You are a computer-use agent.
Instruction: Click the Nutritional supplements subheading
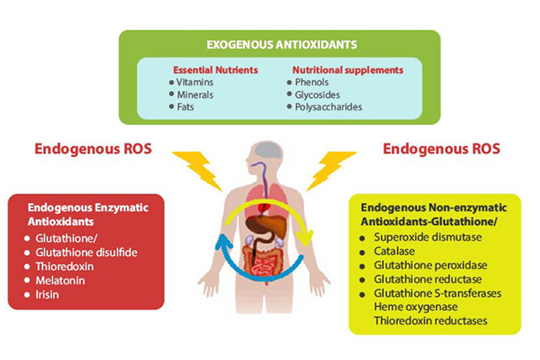coord(347,70)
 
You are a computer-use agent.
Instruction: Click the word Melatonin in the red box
coord(57,280)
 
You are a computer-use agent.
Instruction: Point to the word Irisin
coord(47,294)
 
